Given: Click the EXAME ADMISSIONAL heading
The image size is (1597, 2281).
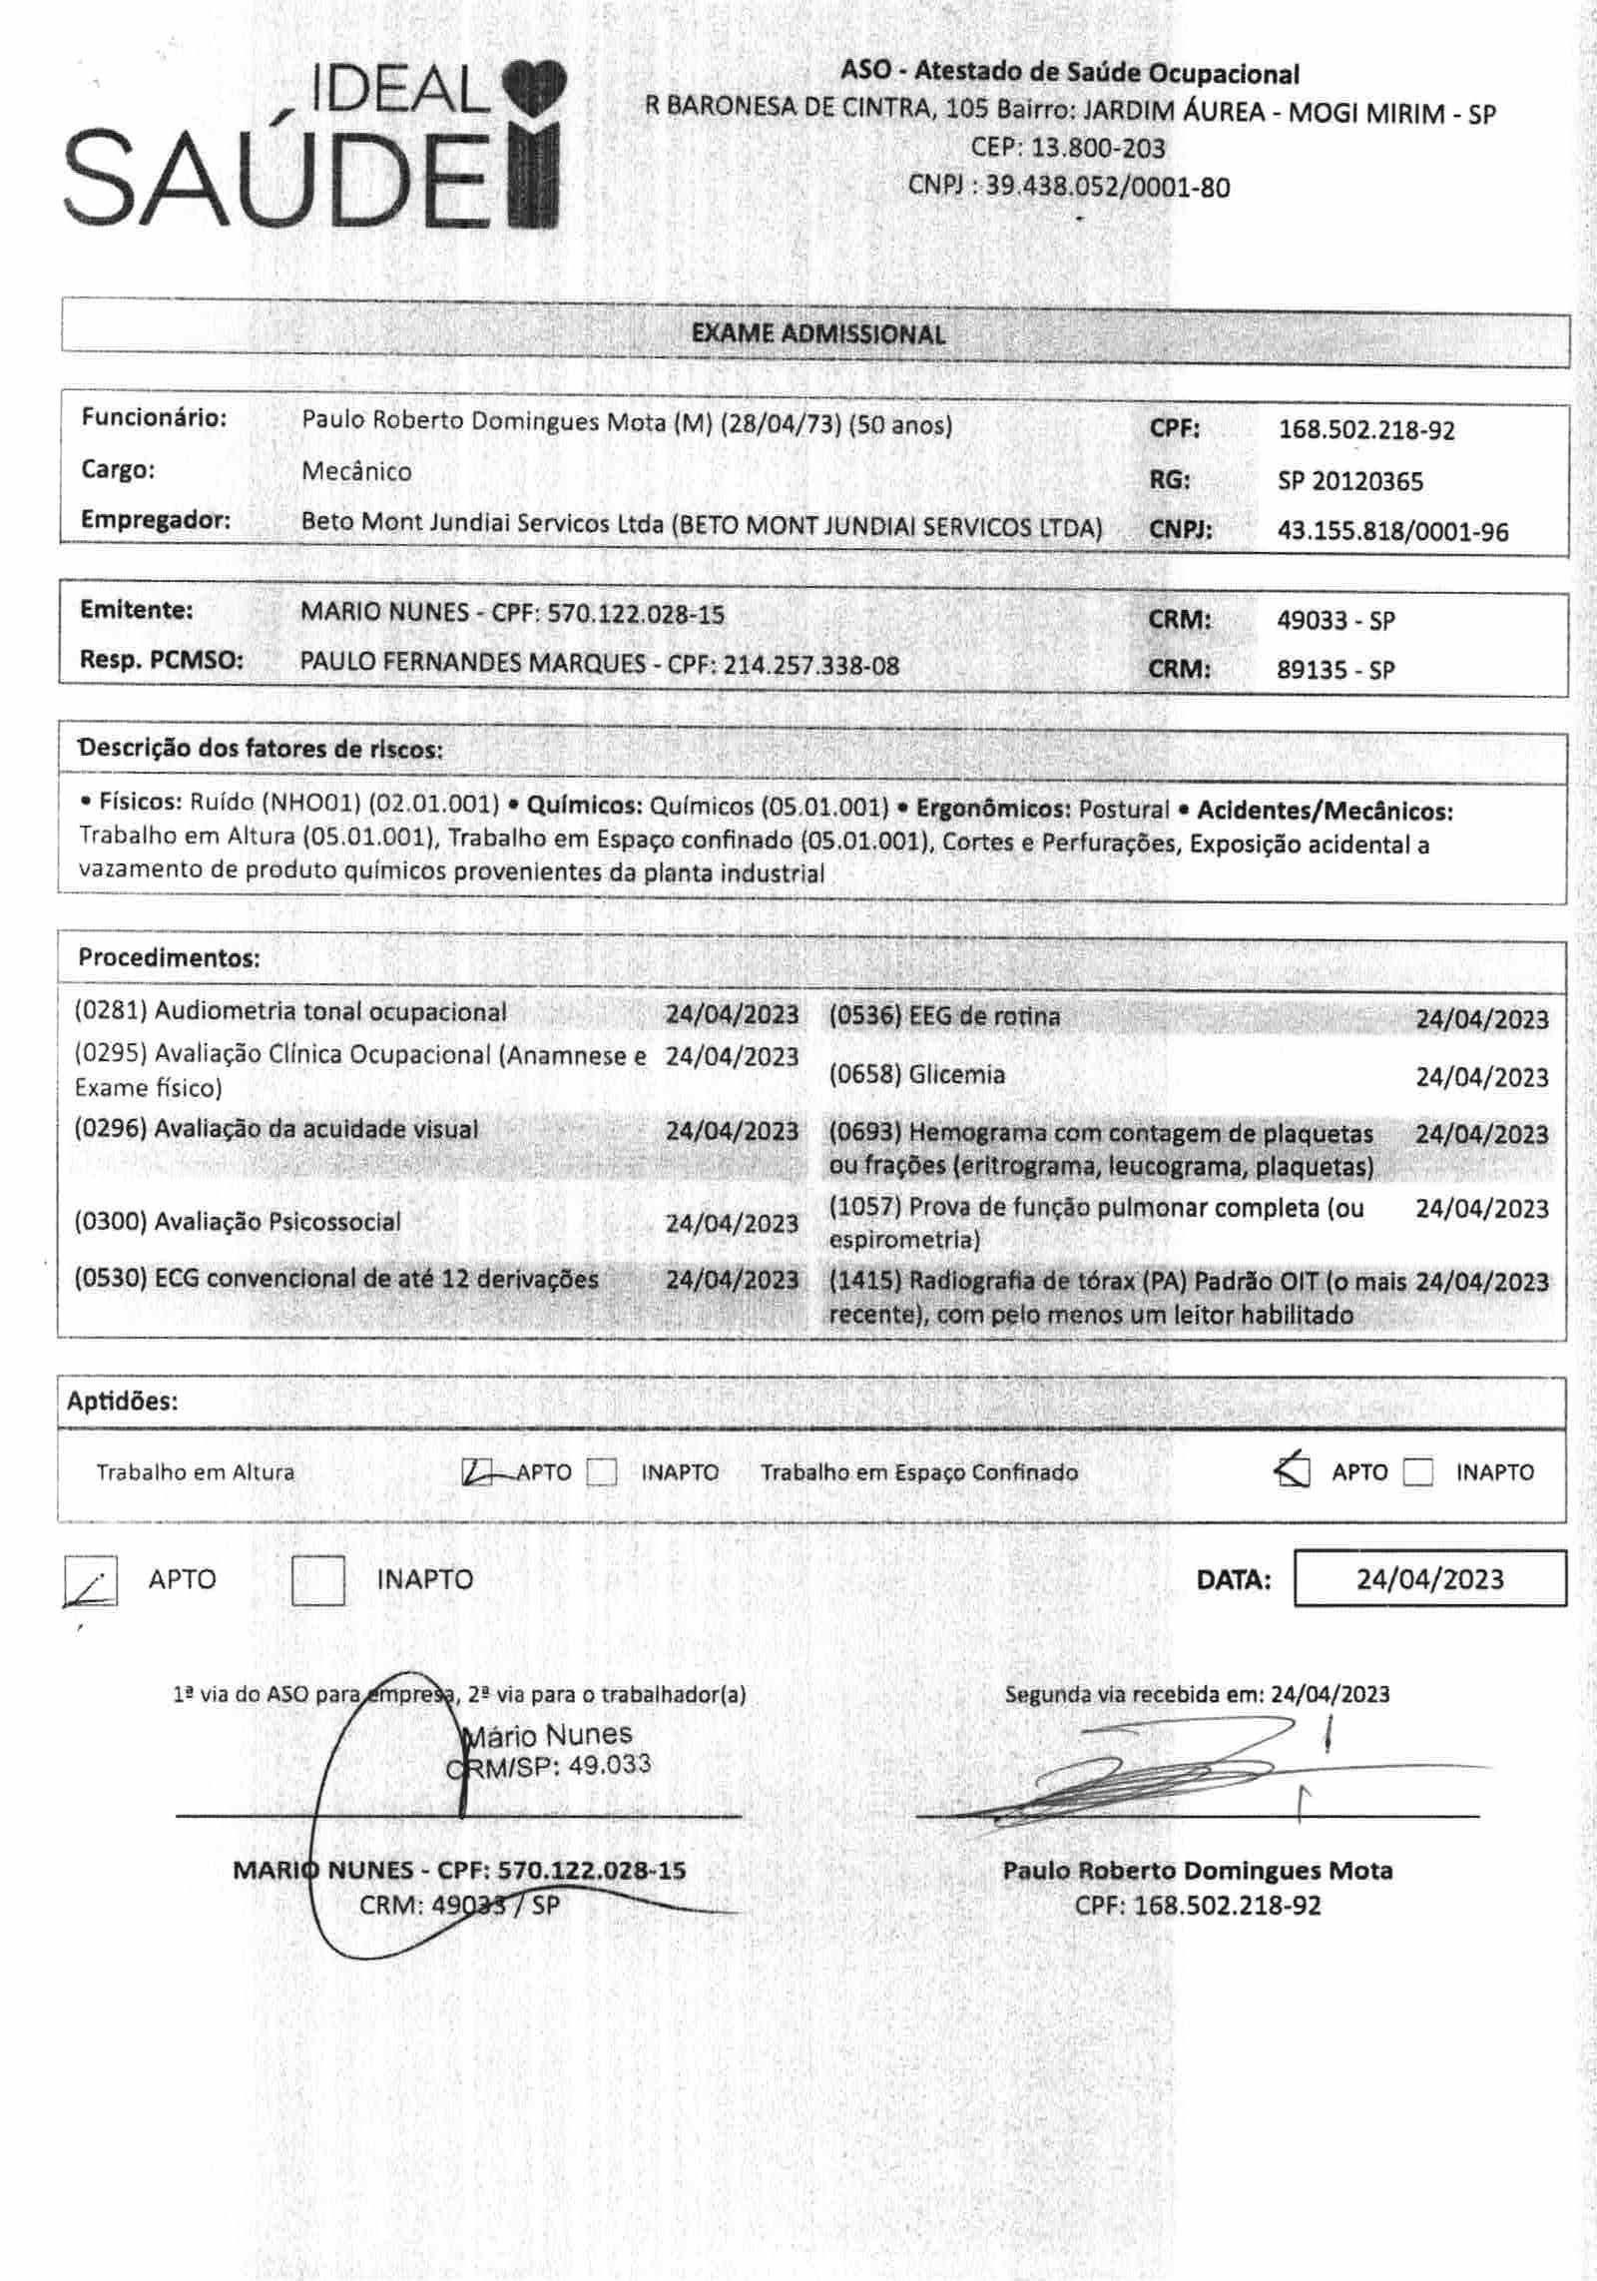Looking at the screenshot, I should click(817, 333).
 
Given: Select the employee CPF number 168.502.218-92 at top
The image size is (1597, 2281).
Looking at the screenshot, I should click(1365, 430).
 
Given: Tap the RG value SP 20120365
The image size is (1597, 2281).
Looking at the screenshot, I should click(1349, 481).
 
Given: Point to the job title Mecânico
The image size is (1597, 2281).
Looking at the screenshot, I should click(356, 471).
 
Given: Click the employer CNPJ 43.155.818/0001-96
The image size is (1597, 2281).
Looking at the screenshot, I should click(1392, 532).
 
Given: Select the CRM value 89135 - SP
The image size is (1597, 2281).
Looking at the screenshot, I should click(1334, 670).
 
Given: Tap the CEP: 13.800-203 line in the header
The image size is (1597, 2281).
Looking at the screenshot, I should click(1067, 149).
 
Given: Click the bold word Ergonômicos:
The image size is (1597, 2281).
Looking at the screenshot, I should click(993, 810).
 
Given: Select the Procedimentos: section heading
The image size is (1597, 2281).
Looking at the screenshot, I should click(169, 958).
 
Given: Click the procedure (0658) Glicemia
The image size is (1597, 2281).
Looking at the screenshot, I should click(916, 1074).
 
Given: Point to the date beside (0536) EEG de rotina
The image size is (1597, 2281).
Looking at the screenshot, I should click(1481, 1019).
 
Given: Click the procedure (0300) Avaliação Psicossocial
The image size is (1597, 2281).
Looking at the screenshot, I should click(238, 1222).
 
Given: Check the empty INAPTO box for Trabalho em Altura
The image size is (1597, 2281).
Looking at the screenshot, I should click(602, 1472).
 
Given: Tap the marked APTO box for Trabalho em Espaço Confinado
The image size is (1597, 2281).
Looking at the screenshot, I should click(1293, 1470).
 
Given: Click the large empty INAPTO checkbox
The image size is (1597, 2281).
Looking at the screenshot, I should click(317, 1580).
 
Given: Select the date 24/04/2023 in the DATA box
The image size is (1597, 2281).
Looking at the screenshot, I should click(1429, 1578).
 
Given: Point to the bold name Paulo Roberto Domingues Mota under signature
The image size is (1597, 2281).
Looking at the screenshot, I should click(1197, 1870).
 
